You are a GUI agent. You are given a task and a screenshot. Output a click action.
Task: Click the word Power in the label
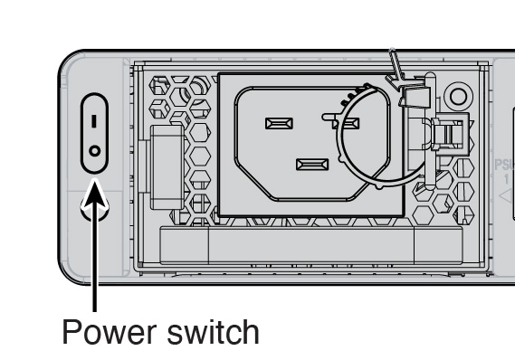[109, 332]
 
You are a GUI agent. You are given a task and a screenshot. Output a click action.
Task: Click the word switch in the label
[213, 332]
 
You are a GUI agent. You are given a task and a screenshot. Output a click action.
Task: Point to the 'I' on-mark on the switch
[95, 119]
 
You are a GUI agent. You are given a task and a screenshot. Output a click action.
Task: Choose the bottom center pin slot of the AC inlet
[311, 165]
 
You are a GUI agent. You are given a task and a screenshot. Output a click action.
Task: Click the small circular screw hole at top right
[457, 97]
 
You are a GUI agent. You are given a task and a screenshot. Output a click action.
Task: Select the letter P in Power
[72, 332]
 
